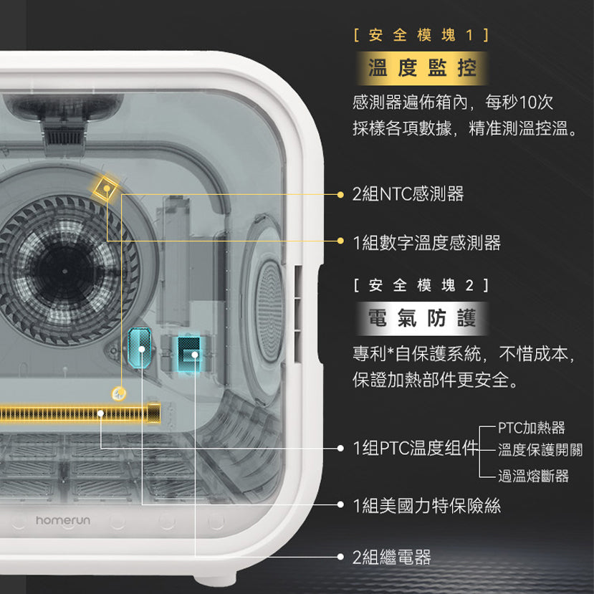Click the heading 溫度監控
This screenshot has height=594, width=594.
coord(421,69)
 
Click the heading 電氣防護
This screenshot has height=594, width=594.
coord(421,319)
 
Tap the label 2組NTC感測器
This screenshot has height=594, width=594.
coord(408,193)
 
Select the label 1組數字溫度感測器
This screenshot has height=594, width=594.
coord(427,243)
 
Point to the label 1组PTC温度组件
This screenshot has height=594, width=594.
coord(415,449)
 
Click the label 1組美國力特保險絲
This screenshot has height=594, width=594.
coord(427,505)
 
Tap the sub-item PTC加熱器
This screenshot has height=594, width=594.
coord(532,428)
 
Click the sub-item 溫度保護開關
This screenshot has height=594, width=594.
coord(540,450)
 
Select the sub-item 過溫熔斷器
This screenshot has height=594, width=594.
coord(534,476)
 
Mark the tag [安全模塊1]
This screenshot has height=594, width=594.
coord(421,34)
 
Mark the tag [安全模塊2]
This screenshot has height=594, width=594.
coord(421,285)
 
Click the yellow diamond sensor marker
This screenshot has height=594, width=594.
coord(106,188)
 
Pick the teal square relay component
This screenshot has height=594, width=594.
coord(190,350)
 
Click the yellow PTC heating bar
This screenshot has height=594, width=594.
coord(79,413)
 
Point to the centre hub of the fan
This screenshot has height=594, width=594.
coord(63,272)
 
